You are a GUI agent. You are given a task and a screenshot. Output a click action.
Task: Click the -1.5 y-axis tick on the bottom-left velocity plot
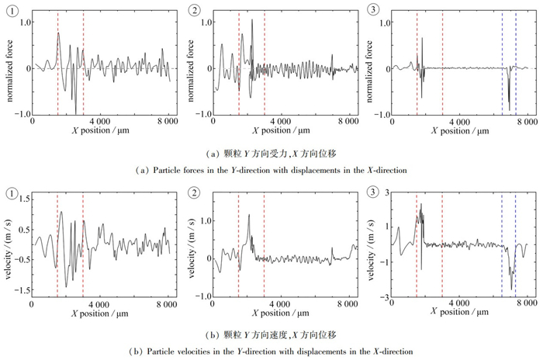pyautogui.click(x=21, y=289)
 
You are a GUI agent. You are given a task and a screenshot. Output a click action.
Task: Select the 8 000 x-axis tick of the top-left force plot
pyautogui.click(x=168, y=123)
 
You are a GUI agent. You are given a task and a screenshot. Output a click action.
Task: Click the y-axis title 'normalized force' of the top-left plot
pyautogui.click(x=6, y=67)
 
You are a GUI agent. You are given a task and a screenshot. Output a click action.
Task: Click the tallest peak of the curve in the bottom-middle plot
pyautogui.click(x=249, y=215)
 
